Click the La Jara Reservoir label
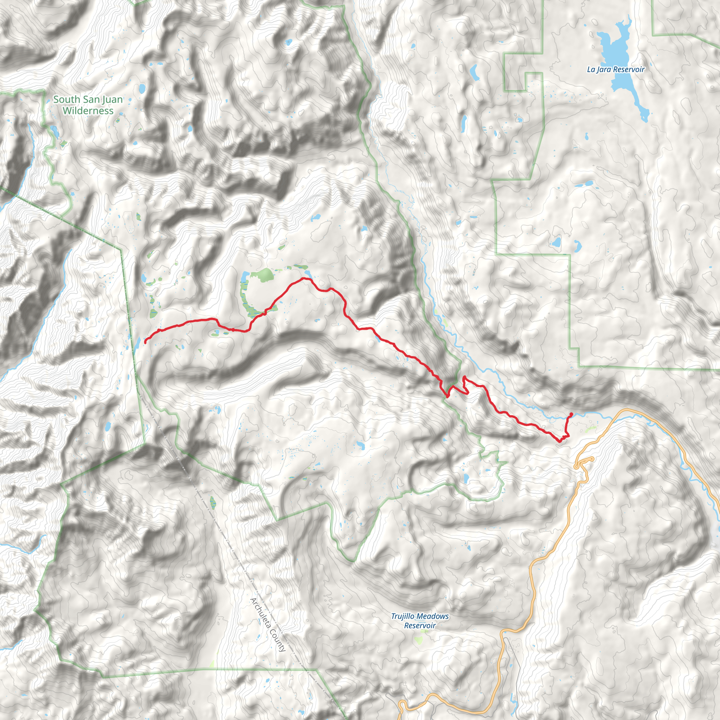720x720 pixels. point(615,69)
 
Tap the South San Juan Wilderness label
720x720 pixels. point(88,105)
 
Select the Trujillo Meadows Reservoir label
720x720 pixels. point(420,621)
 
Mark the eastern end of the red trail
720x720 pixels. point(571,414)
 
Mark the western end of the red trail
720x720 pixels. point(145,342)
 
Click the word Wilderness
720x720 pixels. point(88,111)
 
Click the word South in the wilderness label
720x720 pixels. point(66,99)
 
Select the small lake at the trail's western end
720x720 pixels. point(137,343)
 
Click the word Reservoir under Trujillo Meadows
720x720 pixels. point(420,626)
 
